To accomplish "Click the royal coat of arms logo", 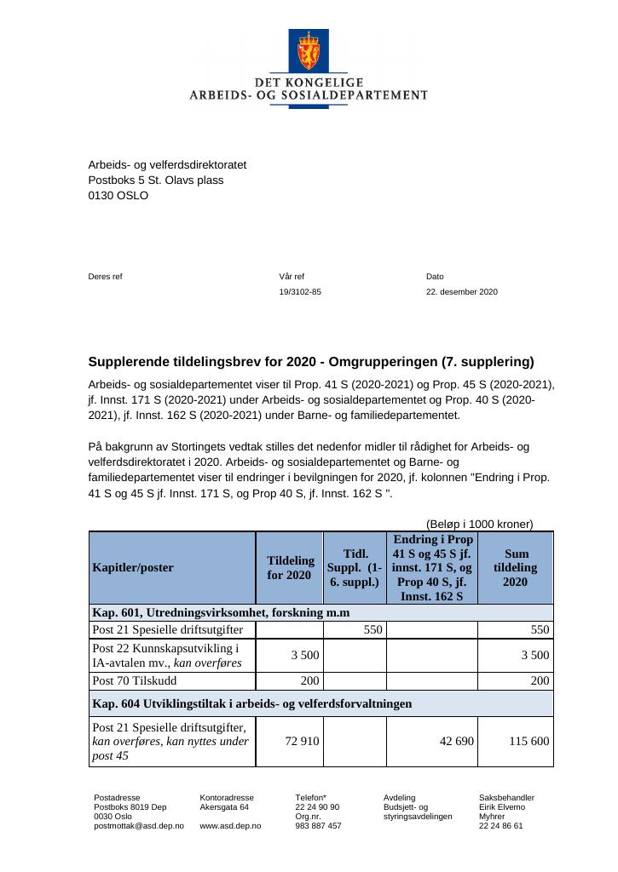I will pyautogui.click(x=308, y=51).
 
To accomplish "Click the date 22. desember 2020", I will pyautogui.click(x=461, y=292).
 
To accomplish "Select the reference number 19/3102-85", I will pyautogui.click(x=300, y=292).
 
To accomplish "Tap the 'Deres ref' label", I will pyautogui.click(x=106, y=277).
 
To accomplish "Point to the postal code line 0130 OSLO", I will pyautogui.click(x=118, y=195).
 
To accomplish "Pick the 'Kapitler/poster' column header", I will pyautogui.click(x=133, y=568).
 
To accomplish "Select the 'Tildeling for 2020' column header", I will pyautogui.click(x=290, y=568).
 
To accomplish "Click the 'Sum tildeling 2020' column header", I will pyautogui.click(x=516, y=567).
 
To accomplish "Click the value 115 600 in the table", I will pyautogui.click(x=529, y=742).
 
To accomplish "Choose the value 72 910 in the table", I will pyautogui.click(x=302, y=742).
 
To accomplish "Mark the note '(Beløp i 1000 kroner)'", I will pyautogui.click(x=479, y=524).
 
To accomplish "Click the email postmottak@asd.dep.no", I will pyautogui.click(x=138, y=826).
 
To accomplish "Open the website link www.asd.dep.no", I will pyautogui.click(x=230, y=826).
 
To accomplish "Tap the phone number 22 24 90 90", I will pyautogui.click(x=317, y=807).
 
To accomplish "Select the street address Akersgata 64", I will pyautogui.click(x=224, y=807).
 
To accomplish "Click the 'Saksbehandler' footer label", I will pyautogui.click(x=506, y=798).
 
